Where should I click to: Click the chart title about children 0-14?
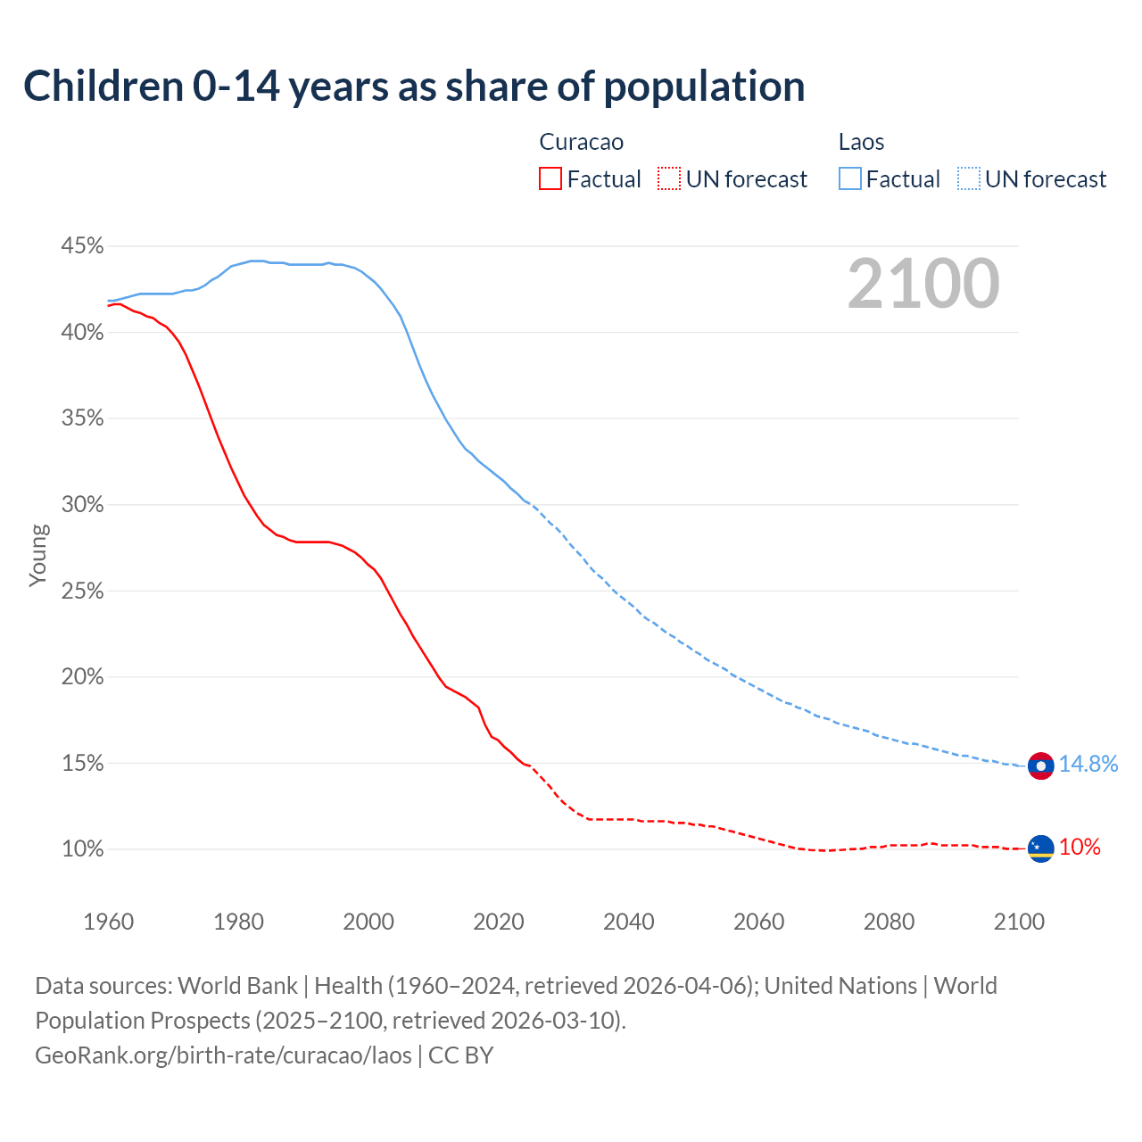point(414,87)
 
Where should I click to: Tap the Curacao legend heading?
point(581,142)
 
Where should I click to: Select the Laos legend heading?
point(861,142)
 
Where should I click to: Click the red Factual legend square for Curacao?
point(550,179)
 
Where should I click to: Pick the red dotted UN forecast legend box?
point(669,179)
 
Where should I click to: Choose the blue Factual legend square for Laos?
point(850,179)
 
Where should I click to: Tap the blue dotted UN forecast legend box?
point(969,179)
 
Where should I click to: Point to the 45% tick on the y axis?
point(82,245)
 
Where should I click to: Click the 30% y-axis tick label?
point(82,504)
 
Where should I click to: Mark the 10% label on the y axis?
point(82,848)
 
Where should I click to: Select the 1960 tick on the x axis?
point(108,922)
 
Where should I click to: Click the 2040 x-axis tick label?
point(629,922)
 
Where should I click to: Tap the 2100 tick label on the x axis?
point(1019,922)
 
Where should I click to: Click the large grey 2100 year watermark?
point(923,284)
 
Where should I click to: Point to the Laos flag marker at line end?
point(1040,765)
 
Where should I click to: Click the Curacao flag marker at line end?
point(1040,848)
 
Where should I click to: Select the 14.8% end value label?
point(1088,764)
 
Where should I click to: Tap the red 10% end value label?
point(1080,847)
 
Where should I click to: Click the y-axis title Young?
point(37,555)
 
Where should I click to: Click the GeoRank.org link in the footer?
point(223,1055)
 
